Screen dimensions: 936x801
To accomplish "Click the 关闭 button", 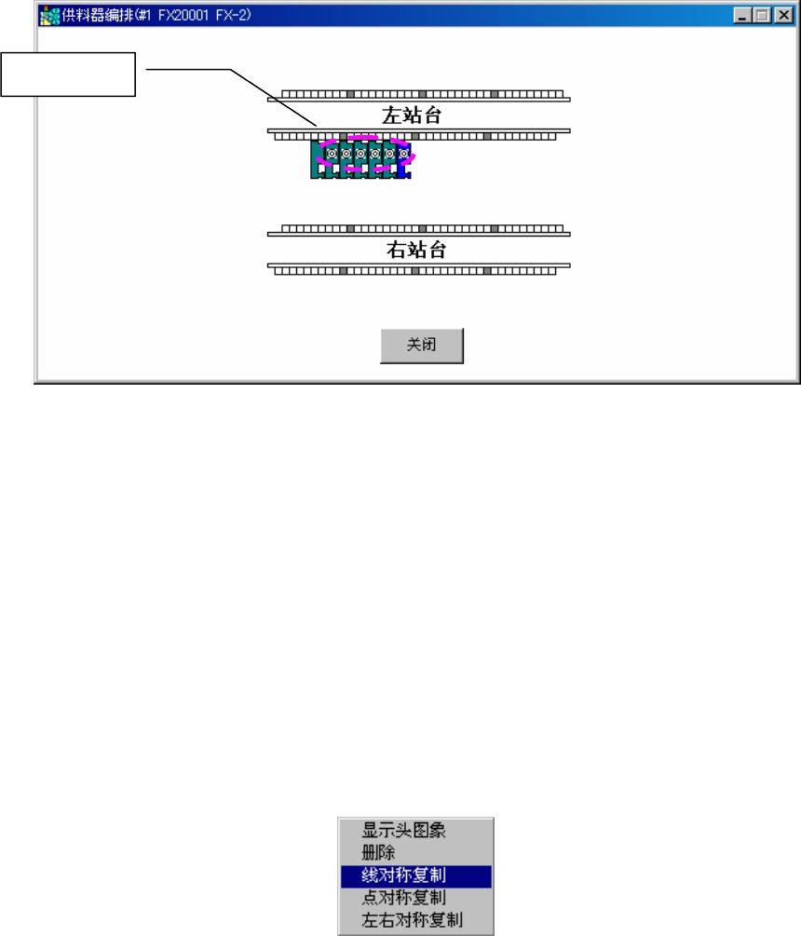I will tap(421, 345).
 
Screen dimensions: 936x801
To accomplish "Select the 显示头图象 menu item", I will tap(403, 831).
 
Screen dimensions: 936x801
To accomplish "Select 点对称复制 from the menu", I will tap(403, 899).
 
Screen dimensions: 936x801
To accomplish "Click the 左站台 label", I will tap(417, 115).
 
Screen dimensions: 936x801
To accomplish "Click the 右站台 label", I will tap(417, 250).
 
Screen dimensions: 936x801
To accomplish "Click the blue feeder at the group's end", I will tap(404, 159).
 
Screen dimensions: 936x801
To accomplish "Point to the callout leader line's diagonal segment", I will tap(274, 97).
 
